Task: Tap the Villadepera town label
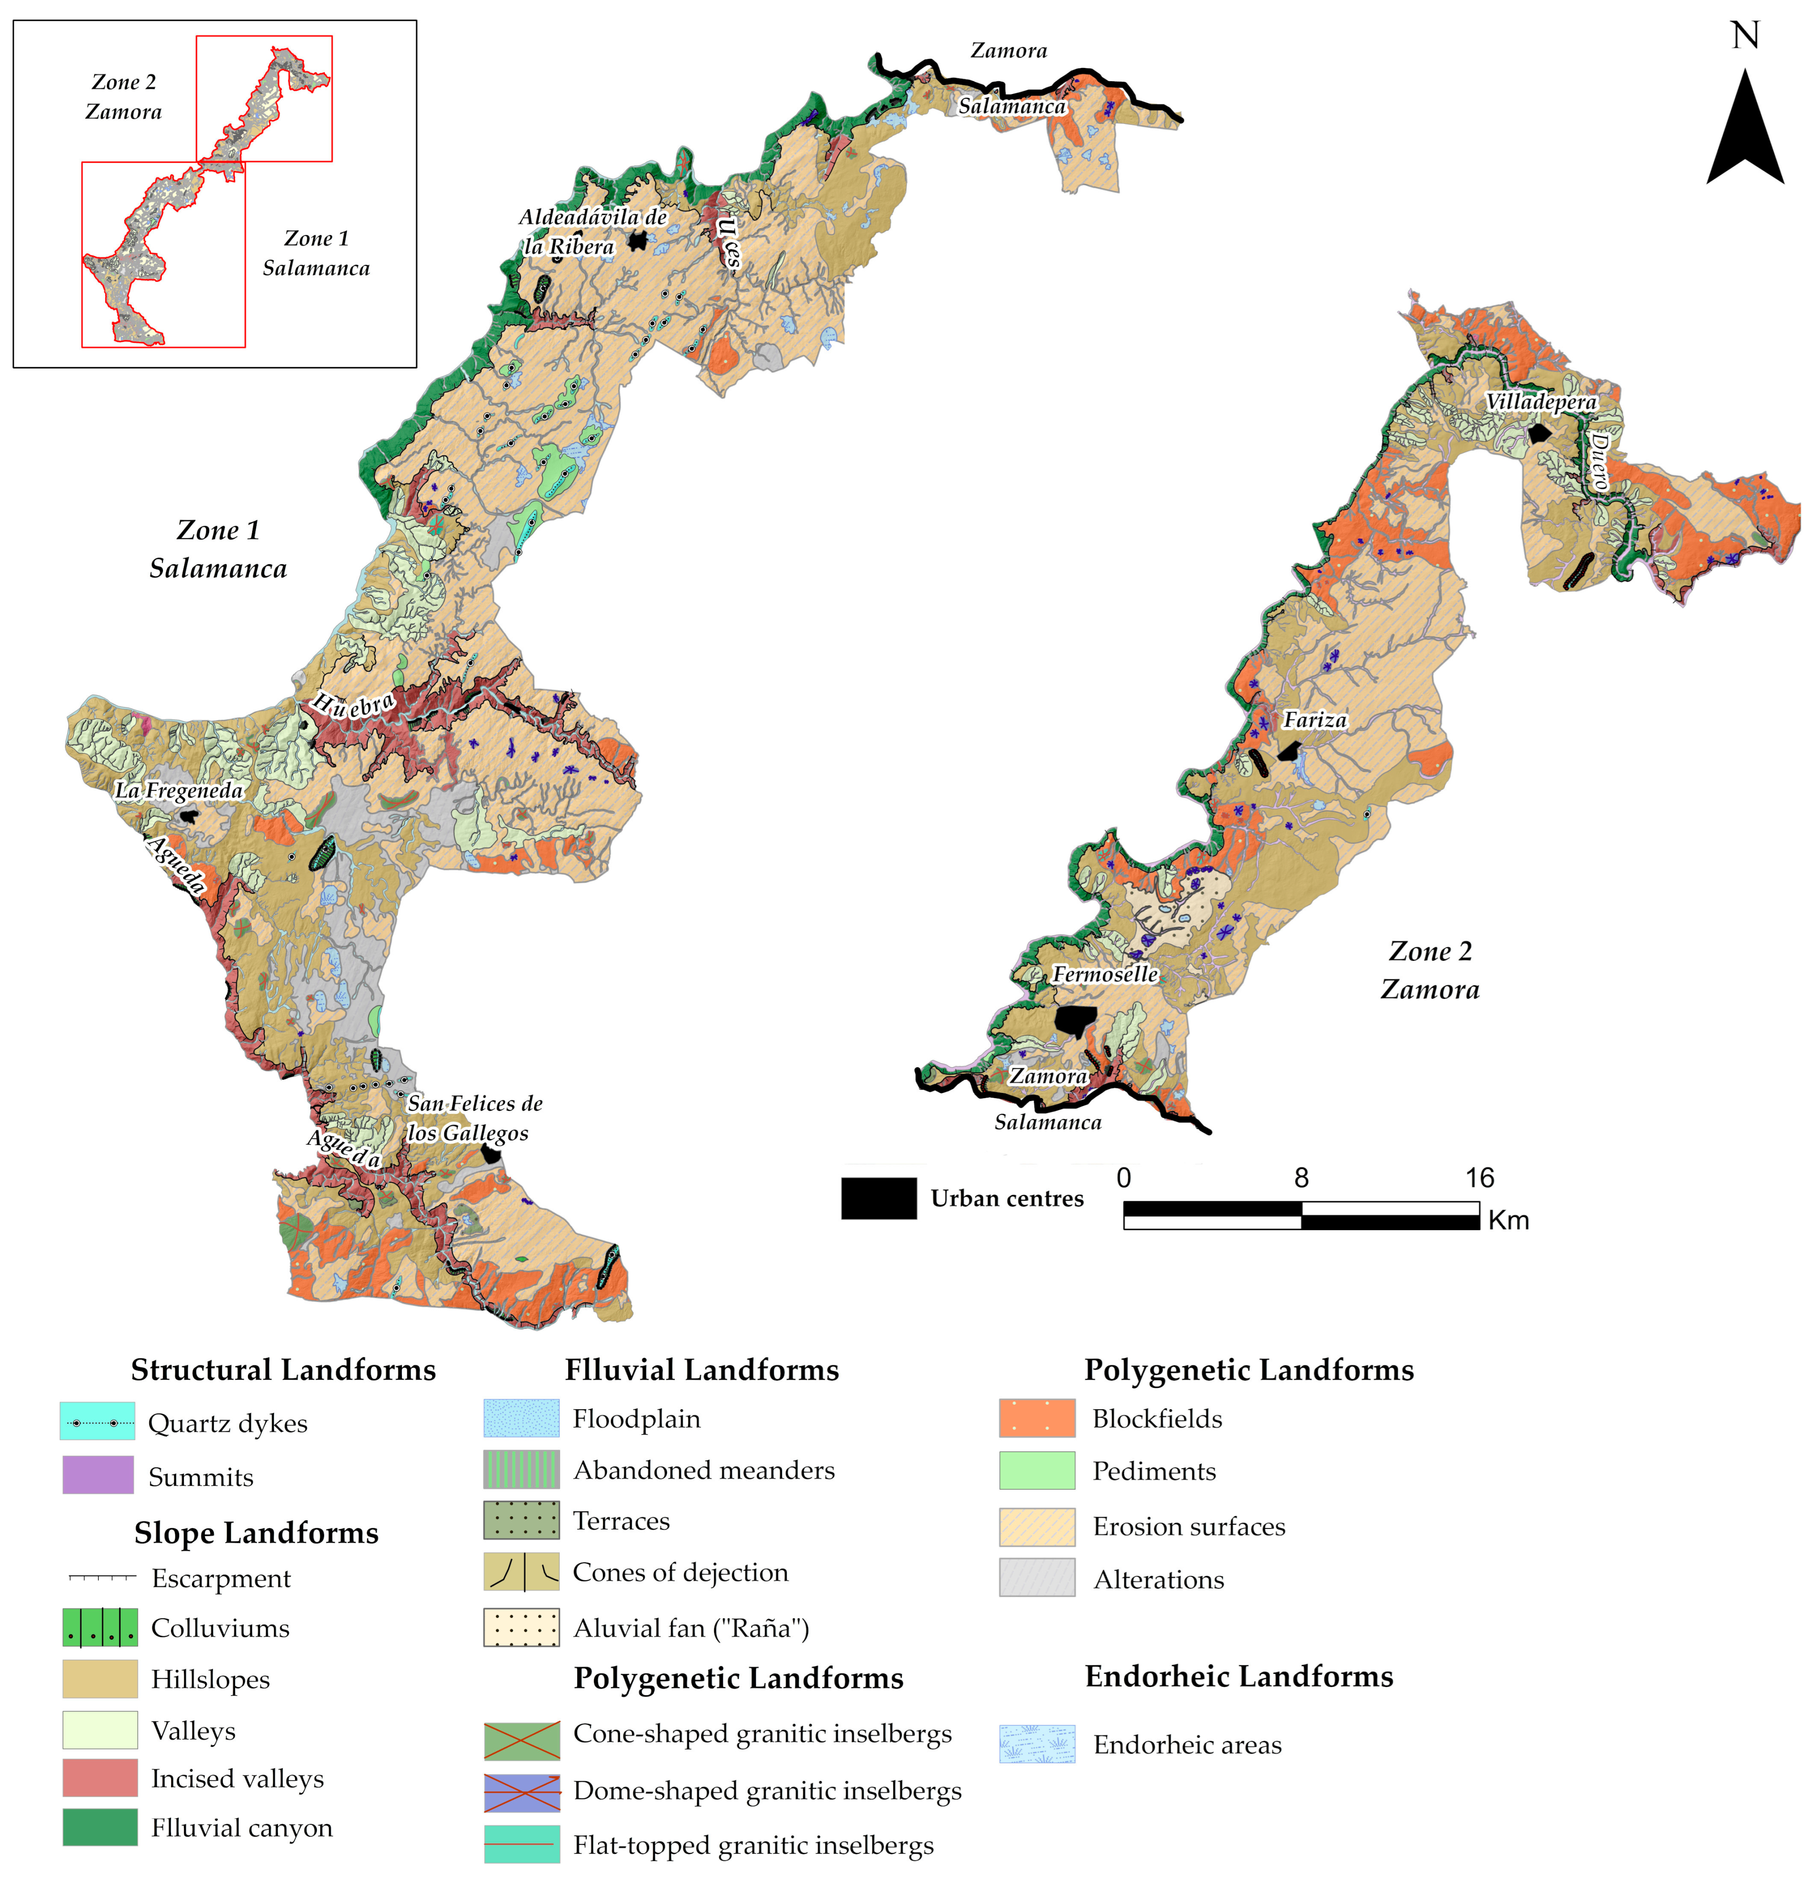click(1541, 402)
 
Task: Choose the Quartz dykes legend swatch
click(97, 1421)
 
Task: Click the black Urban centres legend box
click(878, 1198)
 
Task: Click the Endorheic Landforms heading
click(1239, 1676)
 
